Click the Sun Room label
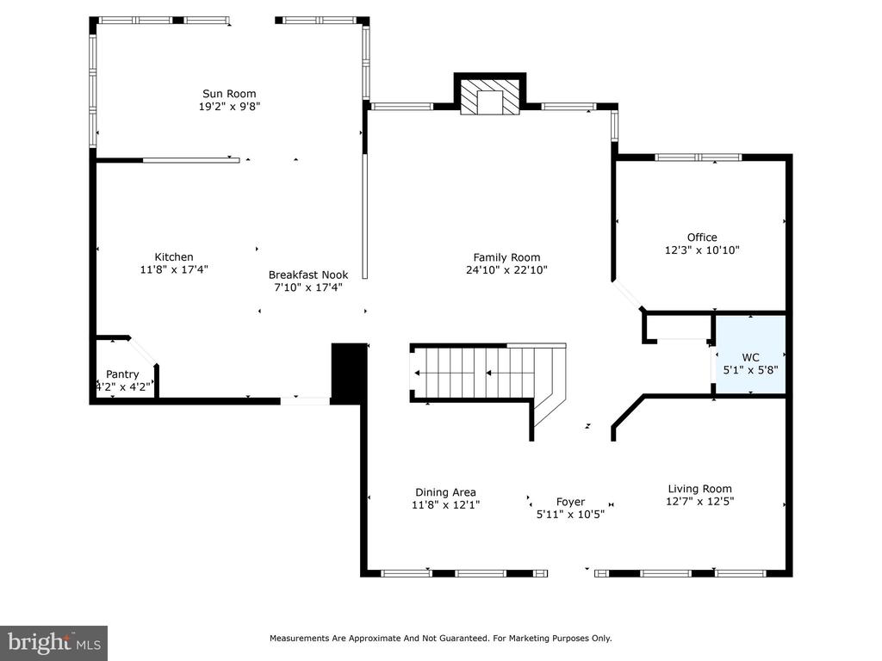click(x=229, y=94)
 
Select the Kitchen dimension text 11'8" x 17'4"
click(x=174, y=269)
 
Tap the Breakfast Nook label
click(x=308, y=275)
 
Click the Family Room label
click(x=506, y=257)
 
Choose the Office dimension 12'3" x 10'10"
click(x=702, y=250)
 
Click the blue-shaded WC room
click(x=750, y=355)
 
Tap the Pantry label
click(x=122, y=374)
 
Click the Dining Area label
click(x=445, y=492)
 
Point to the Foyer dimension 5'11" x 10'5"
click(x=570, y=514)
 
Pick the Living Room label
click(x=699, y=489)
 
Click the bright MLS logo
click(x=54, y=643)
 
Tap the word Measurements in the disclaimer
click(x=299, y=639)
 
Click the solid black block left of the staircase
click(x=350, y=374)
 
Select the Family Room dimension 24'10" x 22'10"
click(x=506, y=269)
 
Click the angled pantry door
click(x=144, y=351)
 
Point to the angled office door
click(x=628, y=295)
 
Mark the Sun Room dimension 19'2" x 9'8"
click(x=229, y=106)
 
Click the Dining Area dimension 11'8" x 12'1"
click(x=445, y=504)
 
